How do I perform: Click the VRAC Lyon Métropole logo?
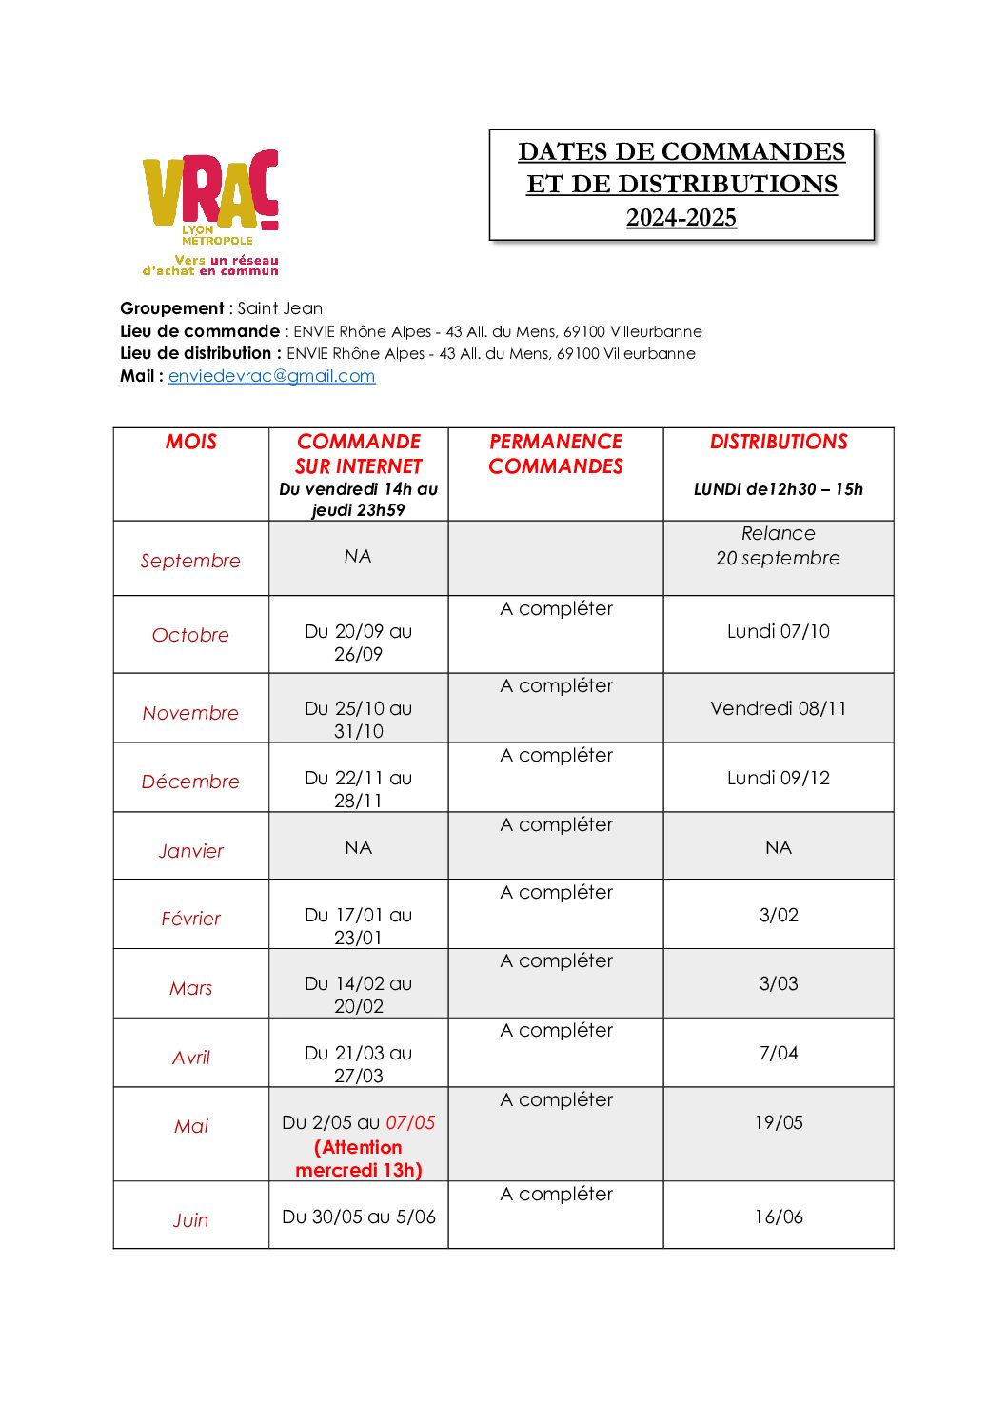click(x=211, y=211)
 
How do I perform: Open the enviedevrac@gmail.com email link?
click(x=271, y=376)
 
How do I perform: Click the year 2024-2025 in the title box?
click(x=681, y=218)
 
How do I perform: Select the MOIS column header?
click(x=191, y=442)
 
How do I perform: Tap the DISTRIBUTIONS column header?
click(x=779, y=442)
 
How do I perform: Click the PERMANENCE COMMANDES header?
click(x=556, y=454)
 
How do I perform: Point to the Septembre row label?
click(x=190, y=561)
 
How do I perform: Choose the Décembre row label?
click(x=190, y=782)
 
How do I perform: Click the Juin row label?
click(x=190, y=1220)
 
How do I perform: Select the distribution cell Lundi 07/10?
click(x=779, y=631)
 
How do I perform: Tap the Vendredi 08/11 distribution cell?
click(x=779, y=708)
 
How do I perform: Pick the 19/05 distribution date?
click(x=779, y=1122)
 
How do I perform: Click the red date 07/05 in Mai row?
click(x=410, y=1123)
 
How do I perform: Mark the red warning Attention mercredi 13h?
click(x=359, y=1158)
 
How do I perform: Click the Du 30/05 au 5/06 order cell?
click(x=359, y=1217)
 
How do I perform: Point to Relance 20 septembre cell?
click(x=779, y=546)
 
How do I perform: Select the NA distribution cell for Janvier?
click(x=779, y=847)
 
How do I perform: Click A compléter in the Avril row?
click(x=557, y=1031)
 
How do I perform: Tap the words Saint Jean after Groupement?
click(x=280, y=308)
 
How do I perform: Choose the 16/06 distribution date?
click(x=779, y=1217)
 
